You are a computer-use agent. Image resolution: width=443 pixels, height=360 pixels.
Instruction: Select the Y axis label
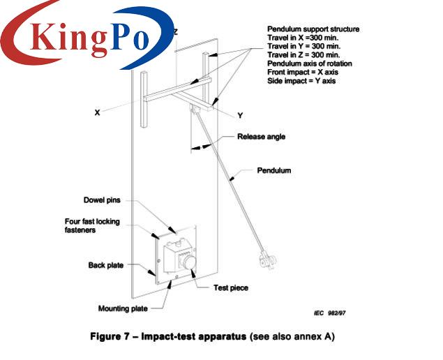pos(241,115)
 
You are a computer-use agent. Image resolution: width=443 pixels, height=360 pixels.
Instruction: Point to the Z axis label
pos(175,32)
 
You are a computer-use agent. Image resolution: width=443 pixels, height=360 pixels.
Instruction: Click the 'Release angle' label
pos(262,137)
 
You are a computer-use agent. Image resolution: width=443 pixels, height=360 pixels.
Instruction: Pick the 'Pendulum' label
pos(274,170)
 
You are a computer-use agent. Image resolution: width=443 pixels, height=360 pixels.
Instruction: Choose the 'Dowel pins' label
pos(102,200)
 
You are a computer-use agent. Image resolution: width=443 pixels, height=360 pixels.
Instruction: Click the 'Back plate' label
pos(105,265)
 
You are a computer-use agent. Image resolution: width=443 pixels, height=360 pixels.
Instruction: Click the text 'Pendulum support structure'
pos(313,29)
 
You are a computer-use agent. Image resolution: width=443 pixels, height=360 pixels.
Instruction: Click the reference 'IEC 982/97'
pos(329,313)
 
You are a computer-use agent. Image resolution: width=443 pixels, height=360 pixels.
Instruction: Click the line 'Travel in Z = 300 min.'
pos(303,55)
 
